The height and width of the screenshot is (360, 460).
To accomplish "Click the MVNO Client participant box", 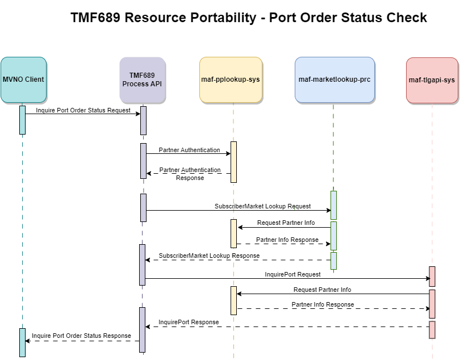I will coord(23,79).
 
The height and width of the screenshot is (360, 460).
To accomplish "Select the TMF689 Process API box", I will coord(143,79).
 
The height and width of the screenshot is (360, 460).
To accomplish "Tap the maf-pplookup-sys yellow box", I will coord(231,79).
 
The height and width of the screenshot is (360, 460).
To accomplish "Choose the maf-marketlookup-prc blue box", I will coord(334,79).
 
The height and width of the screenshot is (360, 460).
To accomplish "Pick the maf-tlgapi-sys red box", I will coord(432,80).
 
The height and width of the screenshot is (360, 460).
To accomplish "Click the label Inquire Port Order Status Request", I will coord(83,110).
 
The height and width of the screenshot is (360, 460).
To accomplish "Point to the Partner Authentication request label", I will coord(189,150).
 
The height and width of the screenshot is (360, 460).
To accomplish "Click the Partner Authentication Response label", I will coord(190,174).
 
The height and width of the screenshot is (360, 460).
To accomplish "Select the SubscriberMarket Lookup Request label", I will coord(262,207).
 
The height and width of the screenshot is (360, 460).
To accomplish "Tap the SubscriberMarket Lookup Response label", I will coord(209,256).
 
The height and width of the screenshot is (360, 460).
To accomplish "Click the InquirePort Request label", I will coord(292,274).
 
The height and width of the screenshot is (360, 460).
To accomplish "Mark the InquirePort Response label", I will coord(189,322).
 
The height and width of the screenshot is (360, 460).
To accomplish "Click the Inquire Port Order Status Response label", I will coord(81,336).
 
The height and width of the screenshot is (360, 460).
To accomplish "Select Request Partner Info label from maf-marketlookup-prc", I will coord(286,223).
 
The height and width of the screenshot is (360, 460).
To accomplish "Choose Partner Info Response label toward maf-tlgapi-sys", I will coord(323,304).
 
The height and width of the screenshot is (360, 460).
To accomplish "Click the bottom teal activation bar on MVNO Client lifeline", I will coord(22,342).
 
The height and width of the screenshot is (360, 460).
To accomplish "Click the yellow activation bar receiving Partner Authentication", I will coord(233,162).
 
